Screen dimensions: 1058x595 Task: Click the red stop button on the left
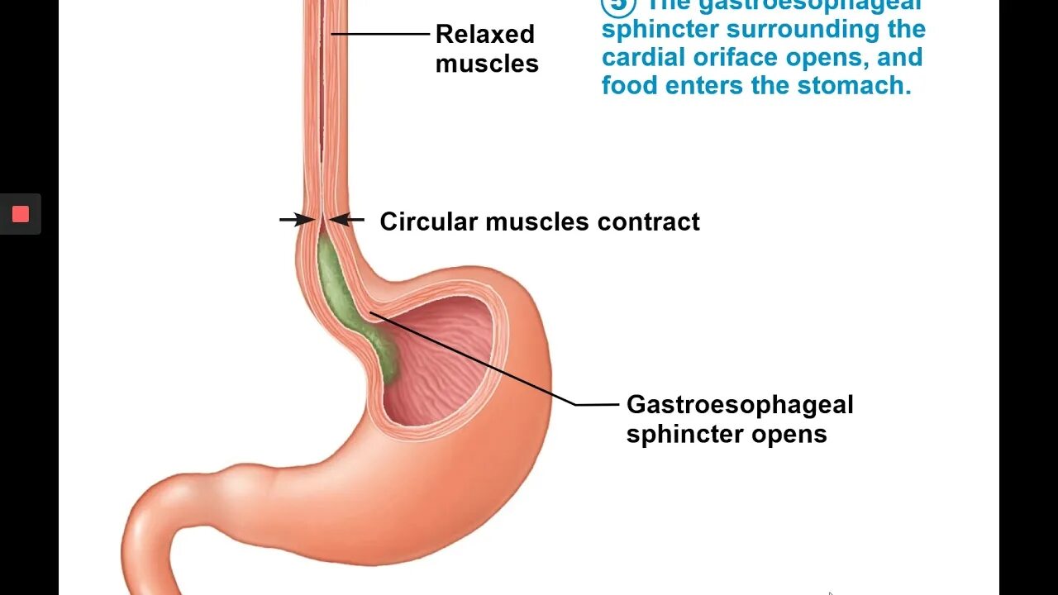(x=21, y=215)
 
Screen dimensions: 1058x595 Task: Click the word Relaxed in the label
(x=484, y=35)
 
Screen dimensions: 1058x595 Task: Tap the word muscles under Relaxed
(x=487, y=64)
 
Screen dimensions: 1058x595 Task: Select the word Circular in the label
(x=429, y=221)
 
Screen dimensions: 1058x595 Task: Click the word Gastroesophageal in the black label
(x=740, y=405)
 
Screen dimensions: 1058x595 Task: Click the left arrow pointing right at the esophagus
(x=296, y=220)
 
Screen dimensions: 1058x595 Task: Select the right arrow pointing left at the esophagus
(x=347, y=220)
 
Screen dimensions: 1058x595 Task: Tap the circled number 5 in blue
(x=617, y=5)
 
